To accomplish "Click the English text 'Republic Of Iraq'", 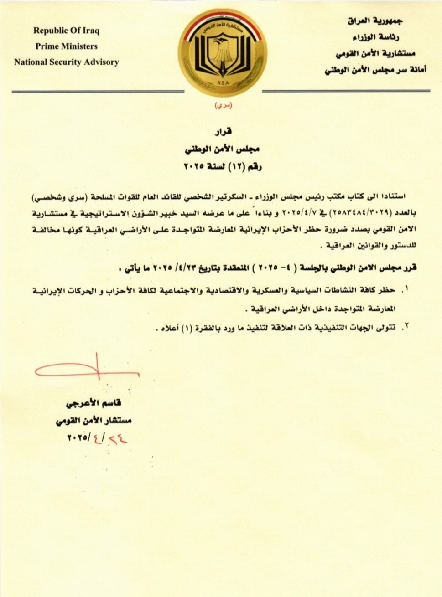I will point(66,31).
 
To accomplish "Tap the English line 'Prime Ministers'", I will point(67,46).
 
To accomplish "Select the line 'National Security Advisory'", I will point(66,62).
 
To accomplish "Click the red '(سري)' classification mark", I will point(224,106).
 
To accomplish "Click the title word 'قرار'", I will point(224,132).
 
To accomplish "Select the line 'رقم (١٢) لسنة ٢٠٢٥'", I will point(223,166).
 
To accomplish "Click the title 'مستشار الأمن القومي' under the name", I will point(94,420).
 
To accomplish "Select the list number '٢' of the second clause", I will point(406,326).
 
